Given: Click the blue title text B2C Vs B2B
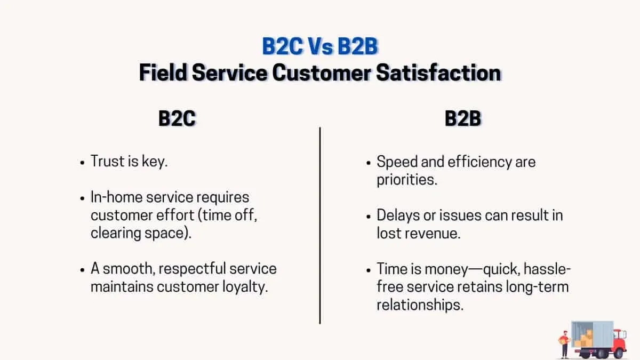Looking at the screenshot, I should [x=320, y=47].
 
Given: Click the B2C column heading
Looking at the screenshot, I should [x=177, y=118].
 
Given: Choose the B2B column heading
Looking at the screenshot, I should [x=463, y=118].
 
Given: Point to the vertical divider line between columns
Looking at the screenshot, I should [x=320, y=224].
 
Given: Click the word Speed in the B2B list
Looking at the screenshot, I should [x=394, y=162].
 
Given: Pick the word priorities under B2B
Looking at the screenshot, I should [x=406, y=180].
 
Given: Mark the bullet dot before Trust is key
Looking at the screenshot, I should [x=82, y=162].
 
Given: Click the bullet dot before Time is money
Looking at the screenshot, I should [x=368, y=269].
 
